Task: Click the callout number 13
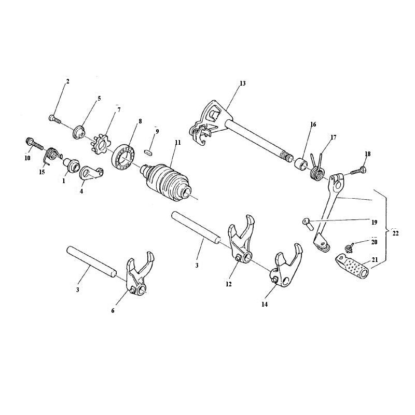[x=242, y=84]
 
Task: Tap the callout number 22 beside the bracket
[x=395, y=233]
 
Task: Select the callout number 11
[x=178, y=142]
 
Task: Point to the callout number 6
[x=113, y=311]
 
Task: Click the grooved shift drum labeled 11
[x=166, y=183]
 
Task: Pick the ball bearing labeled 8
[x=124, y=158]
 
